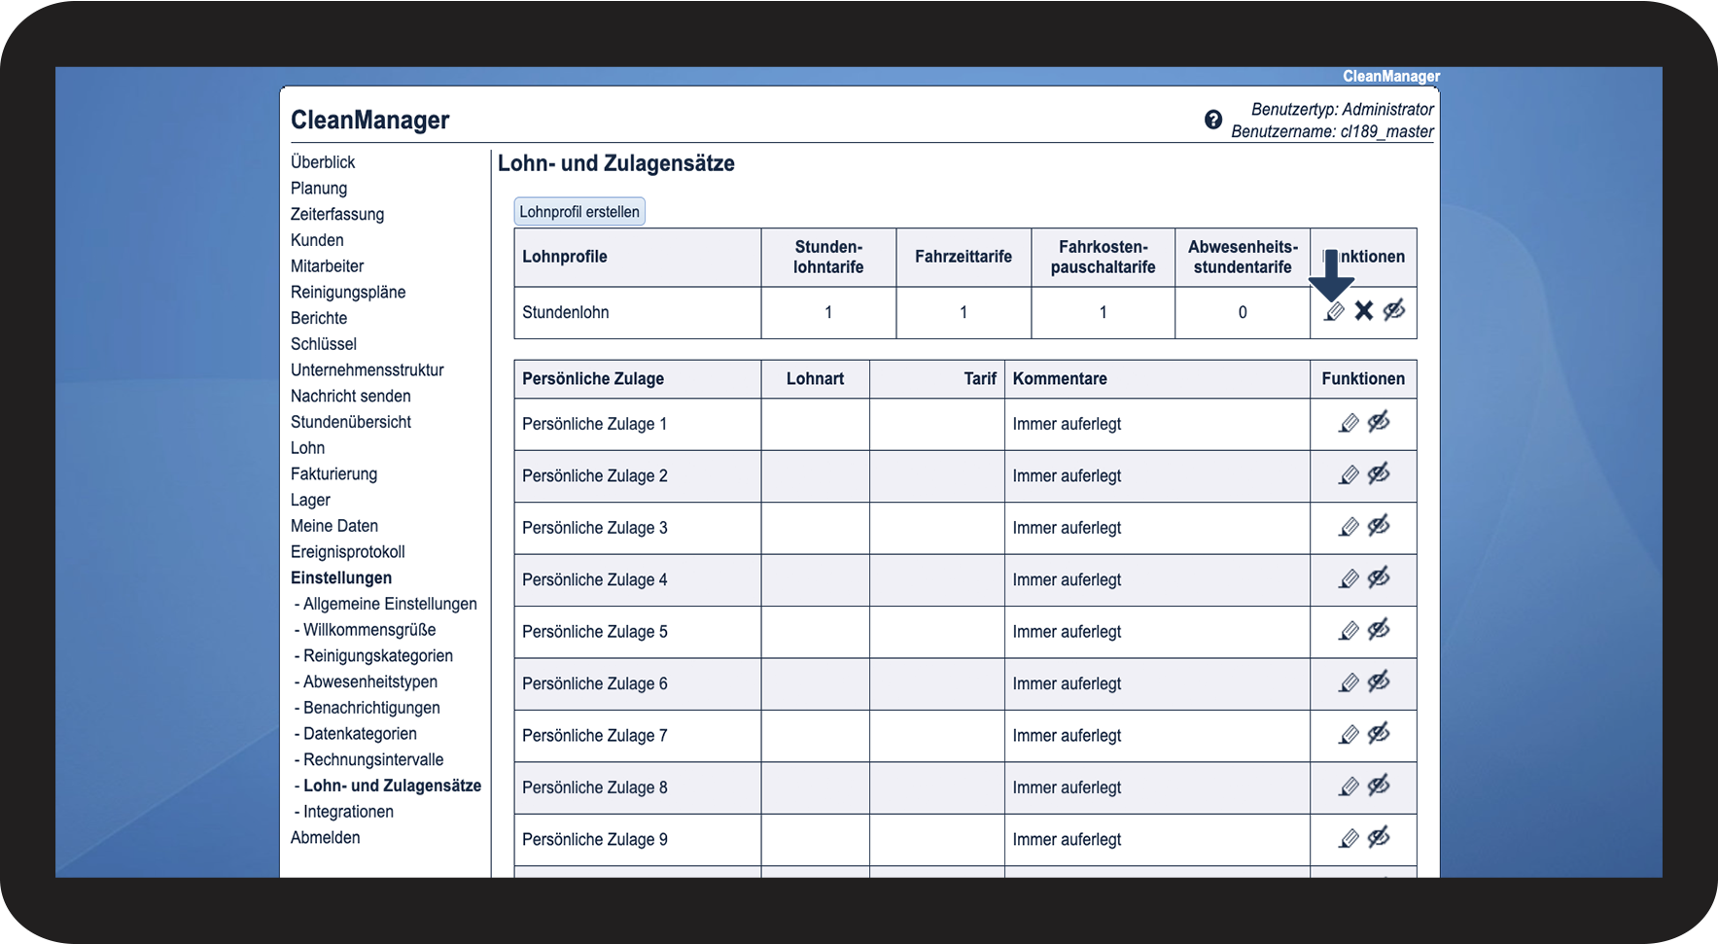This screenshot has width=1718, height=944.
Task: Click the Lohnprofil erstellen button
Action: click(x=579, y=212)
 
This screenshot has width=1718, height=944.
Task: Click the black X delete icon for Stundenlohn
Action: click(x=1364, y=311)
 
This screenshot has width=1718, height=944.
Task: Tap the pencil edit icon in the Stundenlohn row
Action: click(x=1335, y=312)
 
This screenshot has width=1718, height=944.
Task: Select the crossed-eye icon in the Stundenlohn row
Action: click(x=1394, y=311)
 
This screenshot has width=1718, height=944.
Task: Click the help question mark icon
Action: click(x=1213, y=120)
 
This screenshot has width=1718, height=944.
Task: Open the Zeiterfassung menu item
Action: click(x=336, y=214)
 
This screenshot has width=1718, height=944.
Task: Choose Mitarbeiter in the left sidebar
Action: click(x=327, y=266)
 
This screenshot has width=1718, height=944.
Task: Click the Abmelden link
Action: click(x=325, y=838)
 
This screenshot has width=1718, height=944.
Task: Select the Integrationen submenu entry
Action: click(x=348, y=812)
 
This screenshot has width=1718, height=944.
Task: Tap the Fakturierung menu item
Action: click(x=333, y=474)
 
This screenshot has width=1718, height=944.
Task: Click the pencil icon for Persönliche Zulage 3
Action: click(x=1349, y=528)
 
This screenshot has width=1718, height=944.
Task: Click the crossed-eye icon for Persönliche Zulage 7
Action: click(x=1379, y=735)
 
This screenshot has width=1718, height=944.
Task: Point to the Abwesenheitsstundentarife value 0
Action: click(x=1242, y=313)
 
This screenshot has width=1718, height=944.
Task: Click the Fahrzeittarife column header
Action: click(x=963, y=257)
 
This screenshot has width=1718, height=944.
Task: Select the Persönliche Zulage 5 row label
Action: click(x=594, y=632)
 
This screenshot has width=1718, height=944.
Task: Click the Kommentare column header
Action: click(x=1060, y=379)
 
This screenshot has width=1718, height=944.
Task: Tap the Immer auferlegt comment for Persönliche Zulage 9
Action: click(x=1067, y=840)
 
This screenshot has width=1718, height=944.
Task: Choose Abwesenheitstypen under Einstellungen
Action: click(x=369, y=682)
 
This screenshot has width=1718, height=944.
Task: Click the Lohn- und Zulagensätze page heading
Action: click(x=615, y=163)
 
